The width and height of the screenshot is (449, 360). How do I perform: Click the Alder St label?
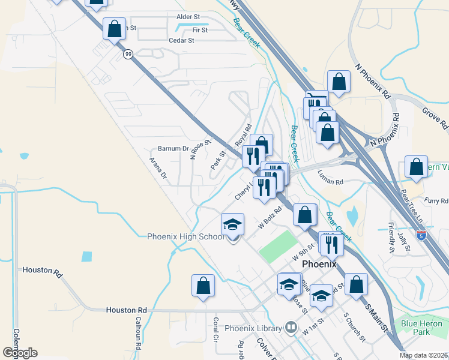(x=188, y=17)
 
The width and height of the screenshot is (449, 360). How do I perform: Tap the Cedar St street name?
(x=181, y=41)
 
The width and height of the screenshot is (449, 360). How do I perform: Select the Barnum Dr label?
(x=173, y=148)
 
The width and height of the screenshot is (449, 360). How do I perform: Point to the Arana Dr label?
(x=158, y=167)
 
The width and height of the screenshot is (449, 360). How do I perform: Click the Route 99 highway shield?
(x=128, y=54)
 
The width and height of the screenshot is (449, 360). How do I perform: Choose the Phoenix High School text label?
(x=186, y=236)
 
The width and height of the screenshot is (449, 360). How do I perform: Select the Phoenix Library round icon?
(x=291, y=328)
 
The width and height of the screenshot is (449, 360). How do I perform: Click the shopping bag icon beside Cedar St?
(x=114, y=29)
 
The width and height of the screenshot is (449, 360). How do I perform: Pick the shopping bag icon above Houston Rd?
(x=203, y=286)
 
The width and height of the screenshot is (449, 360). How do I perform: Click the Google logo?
(x=20, y=353)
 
